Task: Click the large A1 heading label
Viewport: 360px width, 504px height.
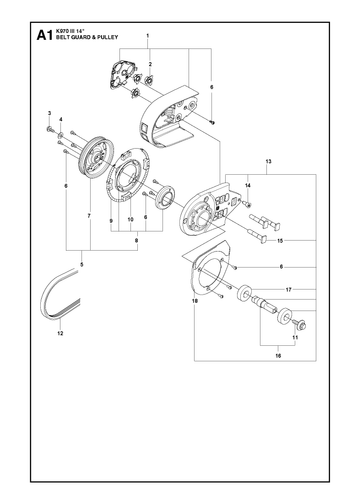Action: pos(44,35)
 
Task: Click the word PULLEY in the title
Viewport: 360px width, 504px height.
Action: pos(109,37)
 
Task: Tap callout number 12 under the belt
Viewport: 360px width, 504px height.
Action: pos(60,333)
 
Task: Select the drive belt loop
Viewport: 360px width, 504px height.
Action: pos(60,293)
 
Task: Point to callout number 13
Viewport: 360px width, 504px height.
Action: pos(268,161)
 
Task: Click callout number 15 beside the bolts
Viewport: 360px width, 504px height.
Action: pos(280,240)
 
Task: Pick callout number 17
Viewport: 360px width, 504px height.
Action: pos(289,290)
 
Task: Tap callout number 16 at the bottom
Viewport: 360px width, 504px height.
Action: pos(278,356)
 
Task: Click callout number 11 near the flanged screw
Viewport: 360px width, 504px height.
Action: pos(295,337)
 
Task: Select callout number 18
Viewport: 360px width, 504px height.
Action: pos(195,301)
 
